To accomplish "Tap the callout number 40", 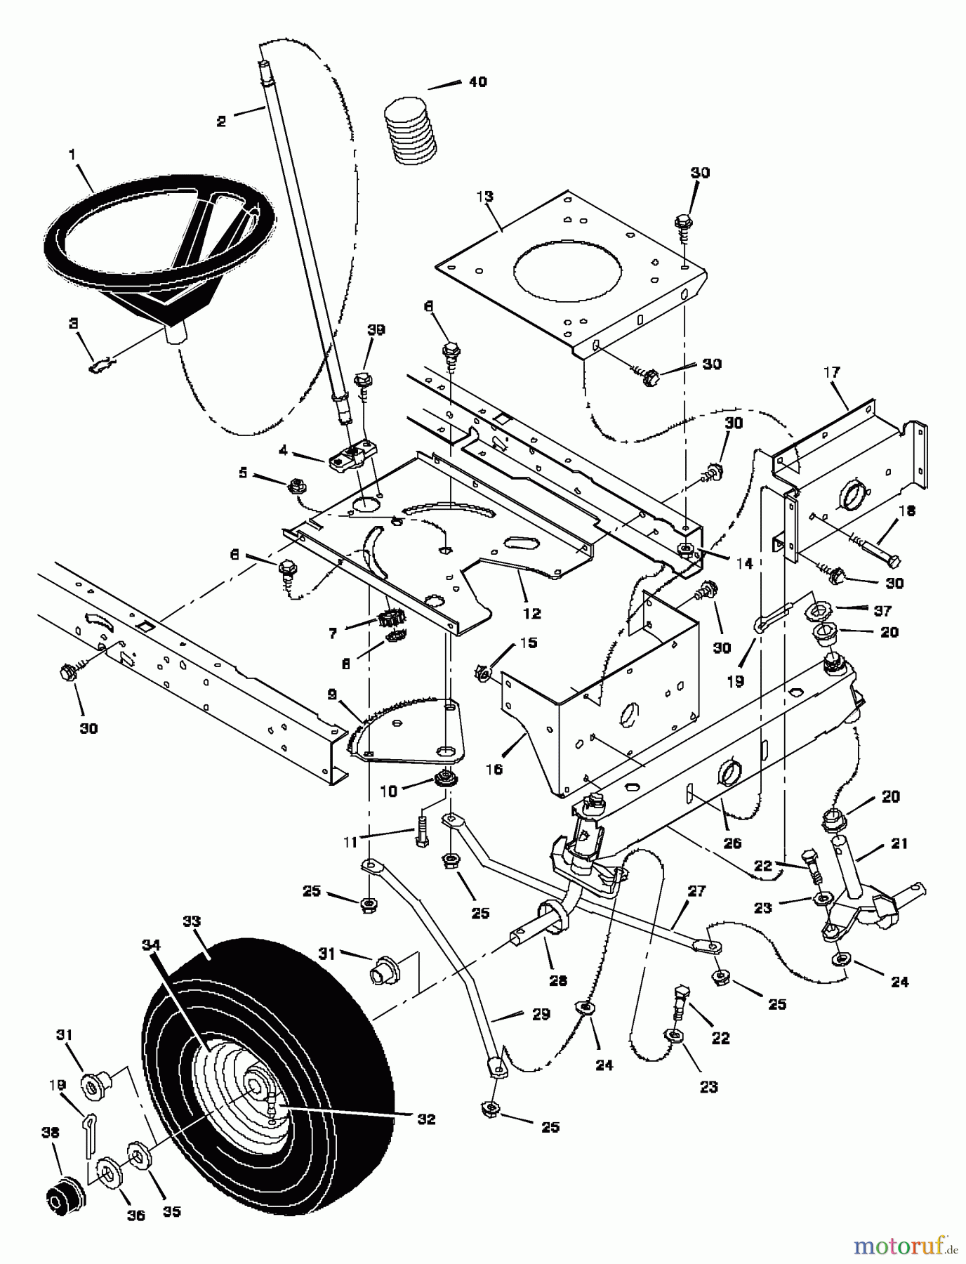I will tap(477, 82).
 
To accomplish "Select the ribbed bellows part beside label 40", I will tap(411, 135).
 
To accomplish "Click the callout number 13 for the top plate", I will tap(485, 196).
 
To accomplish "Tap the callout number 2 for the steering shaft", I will tap(222, 121).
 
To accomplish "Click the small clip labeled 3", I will tap(102, 364).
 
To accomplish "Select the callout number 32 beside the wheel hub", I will tap(427, 1119).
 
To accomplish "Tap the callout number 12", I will tap(532, 613).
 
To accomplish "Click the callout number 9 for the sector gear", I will tap(331, 694).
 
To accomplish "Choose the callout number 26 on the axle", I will tap(732, 843).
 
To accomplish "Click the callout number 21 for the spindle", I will tap(900, 843).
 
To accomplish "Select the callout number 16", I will tap(494, 769).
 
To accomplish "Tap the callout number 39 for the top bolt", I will tap(377, 329).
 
